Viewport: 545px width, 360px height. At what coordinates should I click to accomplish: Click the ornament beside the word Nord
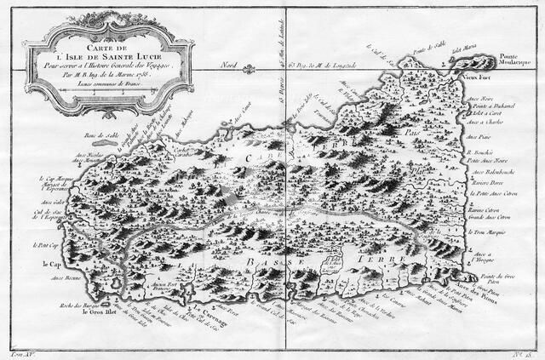click(274, 64)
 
